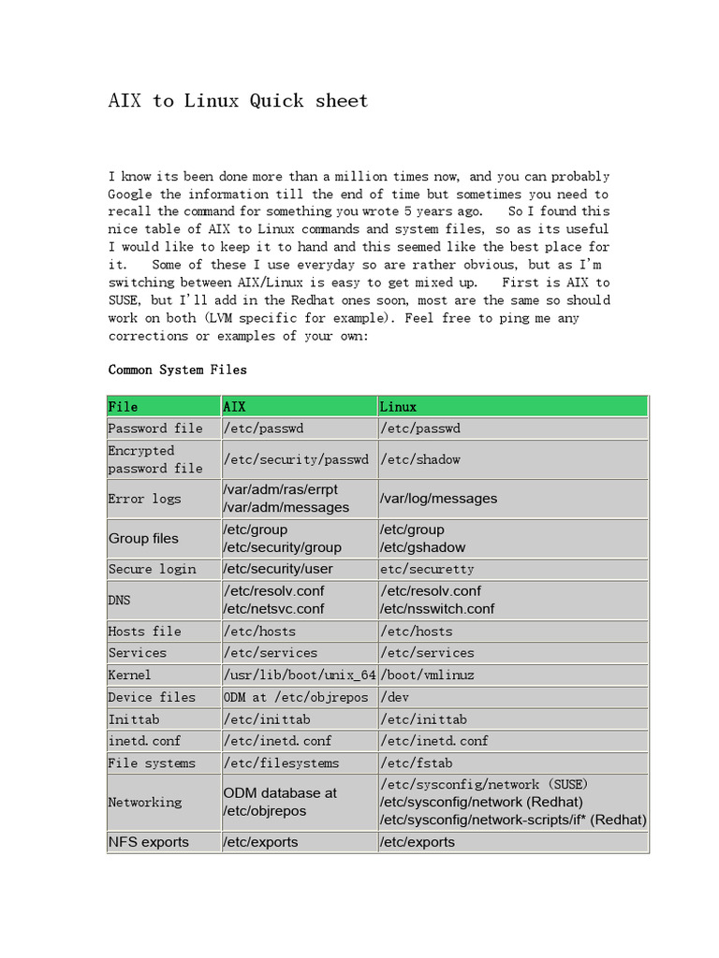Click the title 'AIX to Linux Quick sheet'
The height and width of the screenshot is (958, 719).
click(x=238, y=101)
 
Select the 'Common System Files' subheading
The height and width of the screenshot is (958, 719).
click(x=178, y=370)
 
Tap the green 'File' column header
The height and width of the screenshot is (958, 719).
click(x=124, y=406)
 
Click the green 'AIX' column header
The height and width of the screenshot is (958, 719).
click(x=235, y=406)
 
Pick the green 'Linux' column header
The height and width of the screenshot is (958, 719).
click(x=399, y=406)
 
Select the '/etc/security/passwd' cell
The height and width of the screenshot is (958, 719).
click(x=296, y=459)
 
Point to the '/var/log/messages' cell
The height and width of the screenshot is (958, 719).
click(x=439, y=499)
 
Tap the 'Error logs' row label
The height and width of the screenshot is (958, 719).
click(x=144, y=499)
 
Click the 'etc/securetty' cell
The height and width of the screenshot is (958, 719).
click(x=427, y=569)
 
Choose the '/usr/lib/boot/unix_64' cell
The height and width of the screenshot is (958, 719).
click(x=299, y=675)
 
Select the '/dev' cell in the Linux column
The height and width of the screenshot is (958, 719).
click(x=395, y=697)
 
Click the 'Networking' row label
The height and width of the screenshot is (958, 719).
click(x=145, y=802)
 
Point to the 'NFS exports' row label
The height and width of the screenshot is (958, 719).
click(x=149, y=842)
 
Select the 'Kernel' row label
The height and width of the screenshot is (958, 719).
click(x=130, y=675)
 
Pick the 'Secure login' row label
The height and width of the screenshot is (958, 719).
click(x=153, y=569)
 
